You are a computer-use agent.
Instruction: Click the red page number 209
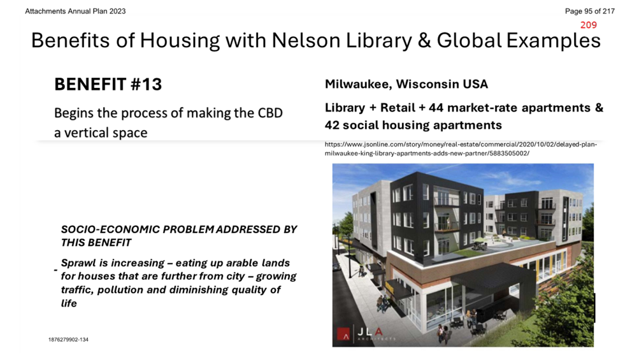tap(589, 25)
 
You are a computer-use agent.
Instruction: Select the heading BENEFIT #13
tap(108, 84)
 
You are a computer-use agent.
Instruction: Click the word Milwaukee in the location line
tap(359, 84)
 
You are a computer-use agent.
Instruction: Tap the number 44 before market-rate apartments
tap(436, 108)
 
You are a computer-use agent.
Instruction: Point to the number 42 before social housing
tap(332, 125)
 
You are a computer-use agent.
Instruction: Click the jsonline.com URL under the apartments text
tap(461, 149)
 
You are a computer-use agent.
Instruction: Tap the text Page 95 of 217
tap(590, 11)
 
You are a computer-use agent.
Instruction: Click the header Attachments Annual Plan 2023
tap(75, 11)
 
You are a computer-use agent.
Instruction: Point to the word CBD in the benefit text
tap(270, 113)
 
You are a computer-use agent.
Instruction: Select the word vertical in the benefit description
tap(85, 133)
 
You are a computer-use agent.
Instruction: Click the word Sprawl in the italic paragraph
tap(78, 263)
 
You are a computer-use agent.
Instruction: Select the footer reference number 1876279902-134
tap(68, 339)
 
